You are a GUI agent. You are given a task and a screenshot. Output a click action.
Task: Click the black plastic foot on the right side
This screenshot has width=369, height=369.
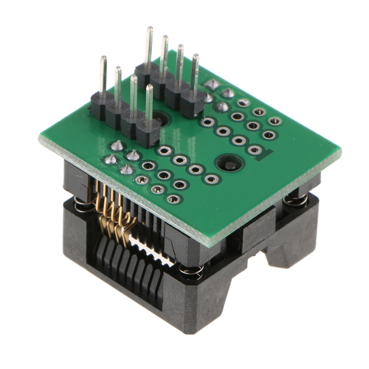tap(285, 252)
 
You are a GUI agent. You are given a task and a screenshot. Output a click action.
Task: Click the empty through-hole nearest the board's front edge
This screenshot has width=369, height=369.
tap(173, 199)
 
